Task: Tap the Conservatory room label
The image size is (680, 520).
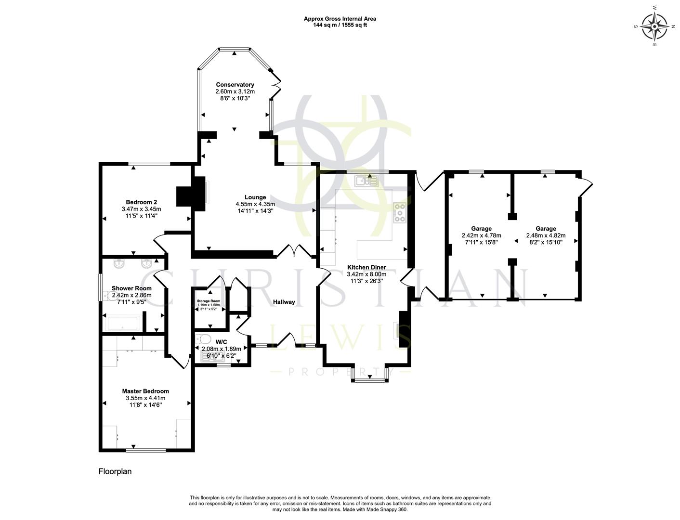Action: click(235, 85)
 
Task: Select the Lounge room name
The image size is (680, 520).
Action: click(255, 197)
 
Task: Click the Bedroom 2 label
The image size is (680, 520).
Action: click(141, 202)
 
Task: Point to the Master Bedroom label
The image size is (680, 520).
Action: click(145, 391)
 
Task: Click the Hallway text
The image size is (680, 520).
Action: click(284, 302)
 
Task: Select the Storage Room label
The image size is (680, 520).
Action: click(208, 300)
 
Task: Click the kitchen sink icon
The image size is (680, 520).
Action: click(366, 181)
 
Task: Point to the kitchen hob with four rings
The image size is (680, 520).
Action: click(400, 213)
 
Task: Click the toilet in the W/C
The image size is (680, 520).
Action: click(204, 338)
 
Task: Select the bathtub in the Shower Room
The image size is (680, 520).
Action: click(123, 323)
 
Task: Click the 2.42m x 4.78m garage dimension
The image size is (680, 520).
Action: click(481, 235)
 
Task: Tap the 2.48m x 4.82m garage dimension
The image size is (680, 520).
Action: click(546, 235)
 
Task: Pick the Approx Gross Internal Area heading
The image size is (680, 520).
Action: click(340, 19)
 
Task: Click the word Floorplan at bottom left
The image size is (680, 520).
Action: click(115, 471)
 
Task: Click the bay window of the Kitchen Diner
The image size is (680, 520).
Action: click(369, 375)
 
